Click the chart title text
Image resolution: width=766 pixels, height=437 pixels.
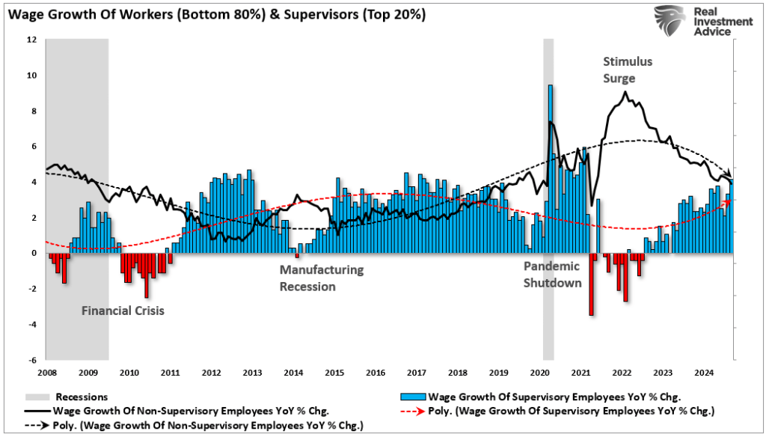click(x=217, y=14)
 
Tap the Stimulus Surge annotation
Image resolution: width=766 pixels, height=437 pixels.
click(x=628, y=70)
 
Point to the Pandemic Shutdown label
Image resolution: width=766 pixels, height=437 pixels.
click(x=552, y=274)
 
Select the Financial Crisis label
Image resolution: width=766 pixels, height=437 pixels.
click(x=122, y=310)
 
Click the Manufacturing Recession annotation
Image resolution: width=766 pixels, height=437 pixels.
click(x=322, y=278)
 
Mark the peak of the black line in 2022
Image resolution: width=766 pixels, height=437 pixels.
click(x=625, y=93)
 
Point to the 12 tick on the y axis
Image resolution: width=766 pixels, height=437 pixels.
click(x=32, y=40)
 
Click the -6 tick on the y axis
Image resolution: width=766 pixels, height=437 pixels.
click(x=32, y=360)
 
